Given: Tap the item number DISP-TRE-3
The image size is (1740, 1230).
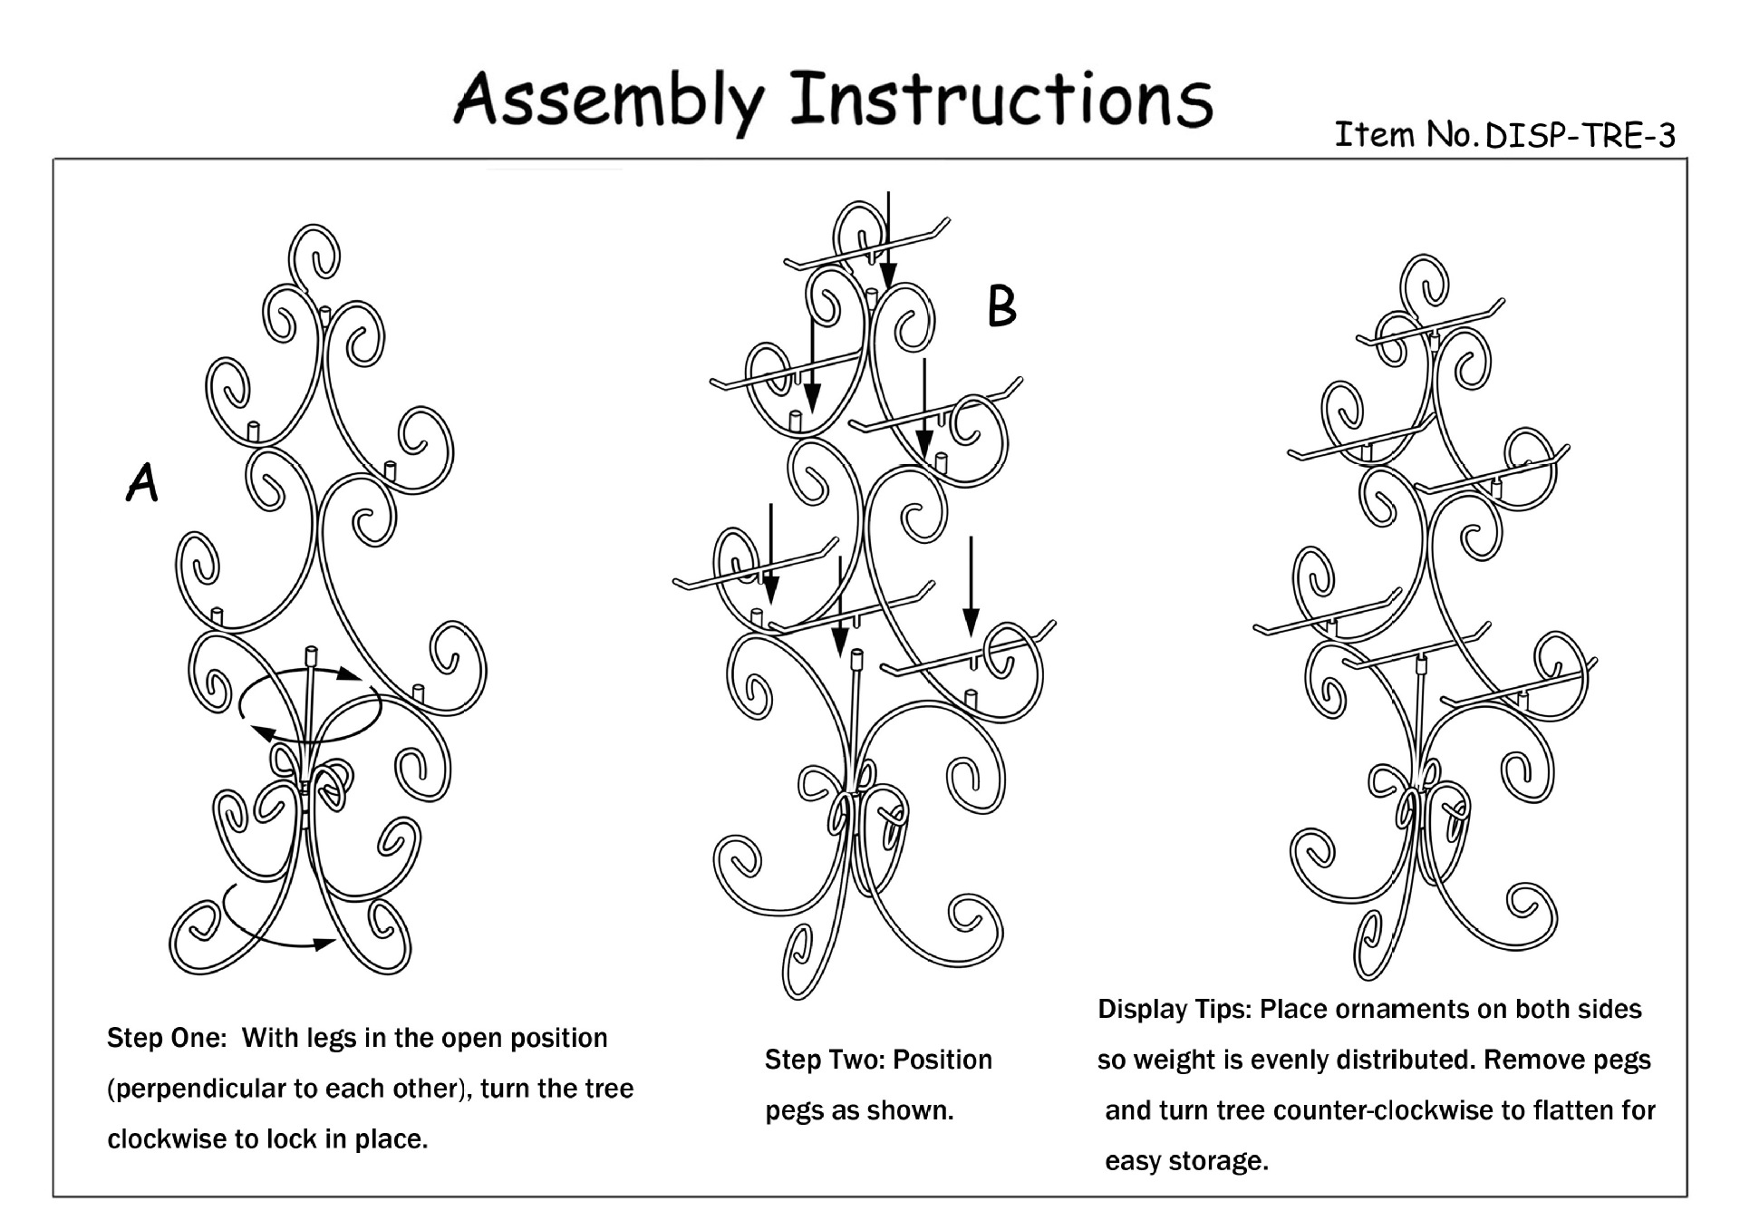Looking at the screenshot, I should pos(1580,136).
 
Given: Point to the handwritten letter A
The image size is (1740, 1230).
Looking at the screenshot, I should pos(142,482).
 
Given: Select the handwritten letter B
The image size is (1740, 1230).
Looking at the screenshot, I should pos(1001,306).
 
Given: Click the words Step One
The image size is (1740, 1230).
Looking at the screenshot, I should pos(166,1038).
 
